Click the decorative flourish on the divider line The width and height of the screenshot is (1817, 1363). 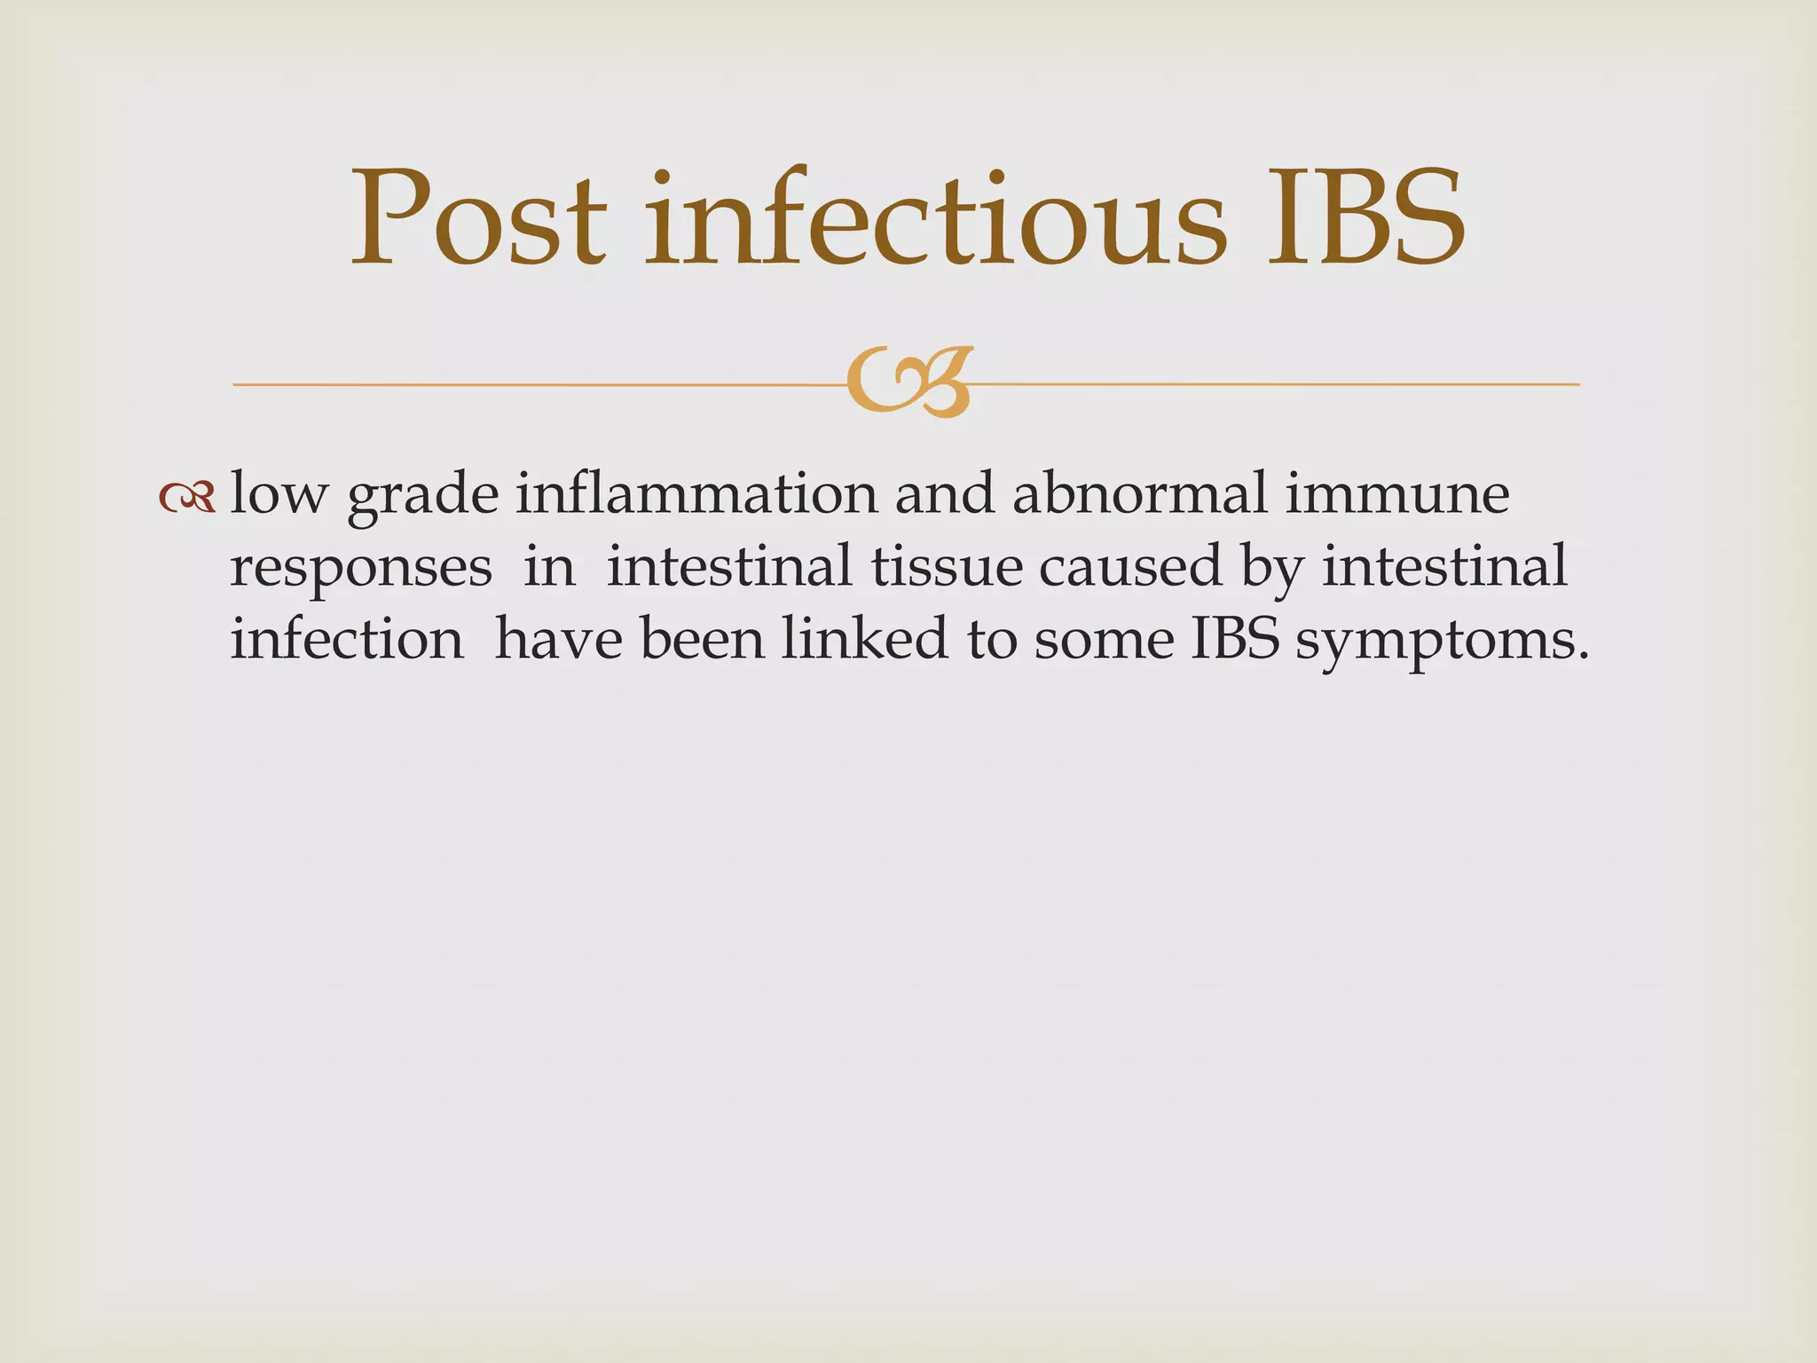pos(909,382)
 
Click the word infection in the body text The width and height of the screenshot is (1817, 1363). pos(347,639)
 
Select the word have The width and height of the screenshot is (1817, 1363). pos(558,639)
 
